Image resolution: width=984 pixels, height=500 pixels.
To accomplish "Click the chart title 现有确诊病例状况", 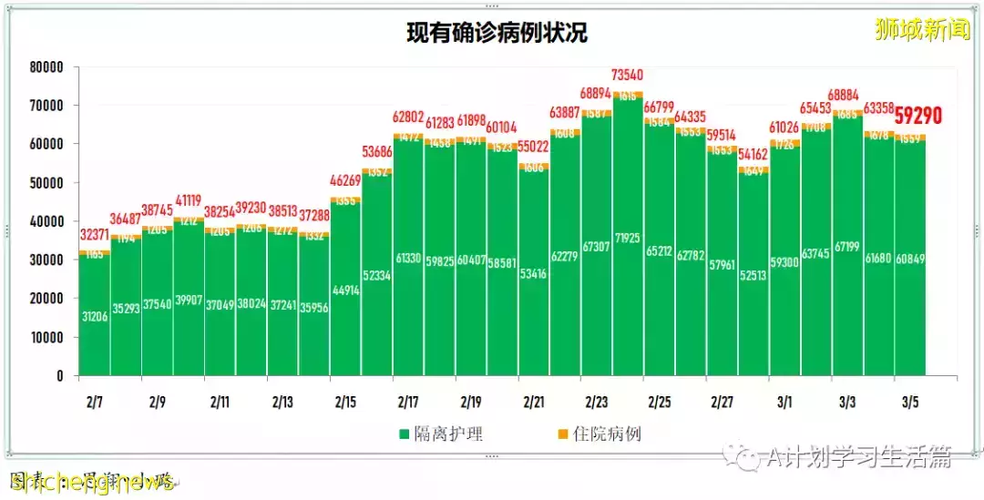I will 497,34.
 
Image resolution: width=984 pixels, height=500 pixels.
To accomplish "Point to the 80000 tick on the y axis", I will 46,67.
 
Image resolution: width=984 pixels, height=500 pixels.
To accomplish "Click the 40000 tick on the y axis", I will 46,221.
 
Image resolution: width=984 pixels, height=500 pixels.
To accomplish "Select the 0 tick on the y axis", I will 60,375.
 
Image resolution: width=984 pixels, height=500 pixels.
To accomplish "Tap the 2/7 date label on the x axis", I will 95,402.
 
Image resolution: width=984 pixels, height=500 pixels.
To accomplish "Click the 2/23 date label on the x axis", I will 597,402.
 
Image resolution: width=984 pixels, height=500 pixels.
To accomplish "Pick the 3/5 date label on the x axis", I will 910,402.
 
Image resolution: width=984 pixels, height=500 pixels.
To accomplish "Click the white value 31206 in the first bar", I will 95,317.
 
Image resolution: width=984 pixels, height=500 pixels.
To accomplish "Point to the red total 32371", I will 95,235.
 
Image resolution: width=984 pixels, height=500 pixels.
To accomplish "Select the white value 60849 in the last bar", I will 910,260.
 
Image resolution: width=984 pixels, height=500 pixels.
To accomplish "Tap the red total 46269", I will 345,181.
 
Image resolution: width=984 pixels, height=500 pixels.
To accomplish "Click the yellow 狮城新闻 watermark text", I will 919,29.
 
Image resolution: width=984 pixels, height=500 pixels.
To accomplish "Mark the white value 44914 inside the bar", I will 345,291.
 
